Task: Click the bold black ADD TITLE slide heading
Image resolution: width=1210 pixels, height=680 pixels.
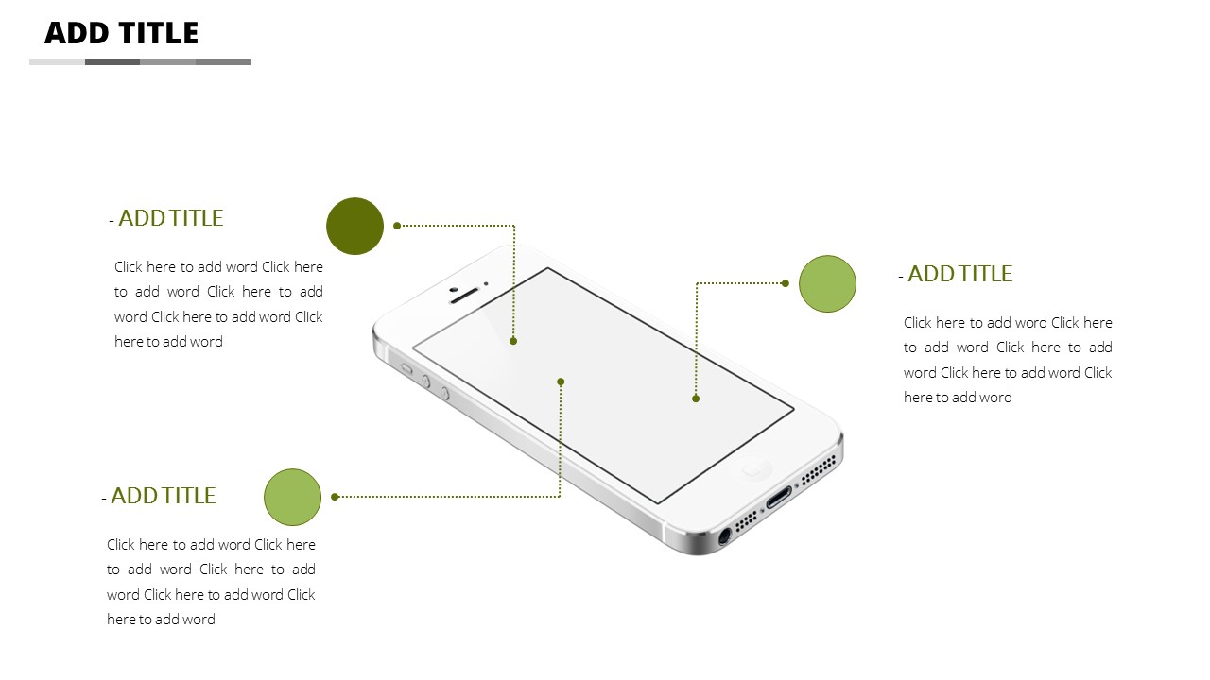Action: (x=122, y=33)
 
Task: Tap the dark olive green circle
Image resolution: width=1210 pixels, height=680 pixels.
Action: (x=354, y=226)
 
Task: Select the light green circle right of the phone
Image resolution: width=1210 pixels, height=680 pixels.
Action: (x=827, y=284)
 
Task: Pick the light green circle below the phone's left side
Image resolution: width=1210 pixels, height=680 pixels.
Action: (x=293, y=497)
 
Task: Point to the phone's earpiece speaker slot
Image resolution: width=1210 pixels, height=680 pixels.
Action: (x=464, y=296)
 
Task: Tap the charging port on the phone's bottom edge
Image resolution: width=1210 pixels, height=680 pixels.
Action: (x=779, y=497)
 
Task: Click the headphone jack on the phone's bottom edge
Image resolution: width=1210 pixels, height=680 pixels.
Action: (x=724, y=536)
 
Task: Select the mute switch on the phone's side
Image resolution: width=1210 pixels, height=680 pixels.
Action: (x=406, y=369)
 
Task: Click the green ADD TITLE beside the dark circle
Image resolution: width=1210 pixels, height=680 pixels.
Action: (x=170, y=218)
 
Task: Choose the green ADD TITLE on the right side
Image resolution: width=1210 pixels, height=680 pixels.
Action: (x=959, y=274)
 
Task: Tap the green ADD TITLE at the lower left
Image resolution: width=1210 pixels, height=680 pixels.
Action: (x=163, y=496)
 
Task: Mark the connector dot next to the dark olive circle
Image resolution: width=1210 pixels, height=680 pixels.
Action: (x=397, y=226)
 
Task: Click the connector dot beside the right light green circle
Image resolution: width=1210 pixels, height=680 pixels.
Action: (x=786, y=283)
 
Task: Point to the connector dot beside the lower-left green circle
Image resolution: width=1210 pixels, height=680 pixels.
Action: (x=335, y=497)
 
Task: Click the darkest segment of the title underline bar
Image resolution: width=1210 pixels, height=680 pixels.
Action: (x=112, y=62)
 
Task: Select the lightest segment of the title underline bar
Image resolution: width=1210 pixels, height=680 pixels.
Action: (x=58, y=62)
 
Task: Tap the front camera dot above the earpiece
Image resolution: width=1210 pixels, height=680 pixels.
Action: (x=486, y=283)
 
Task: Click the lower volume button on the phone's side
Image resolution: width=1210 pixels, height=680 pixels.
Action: (x=444, y=393)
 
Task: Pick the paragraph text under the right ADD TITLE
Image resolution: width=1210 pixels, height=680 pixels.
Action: (x=1008, y=360)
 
